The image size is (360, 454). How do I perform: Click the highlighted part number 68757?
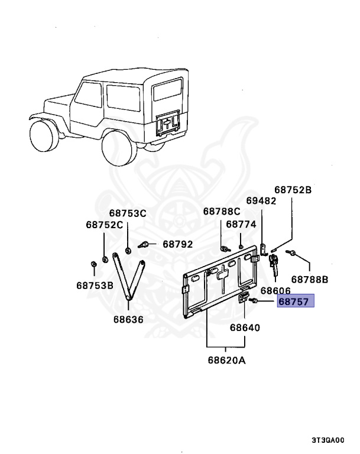point(294,301)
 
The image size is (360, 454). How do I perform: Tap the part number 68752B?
point(293,190)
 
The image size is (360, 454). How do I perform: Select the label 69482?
point(261,200)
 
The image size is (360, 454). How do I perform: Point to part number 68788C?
point(222,212)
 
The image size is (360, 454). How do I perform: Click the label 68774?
point(241,225)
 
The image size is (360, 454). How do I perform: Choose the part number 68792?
point(177,244)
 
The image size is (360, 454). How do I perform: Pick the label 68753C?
point(128,213)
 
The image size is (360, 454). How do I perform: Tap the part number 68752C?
point(105,225)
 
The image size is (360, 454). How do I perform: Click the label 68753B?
point(95,286)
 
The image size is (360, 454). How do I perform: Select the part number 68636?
point(128,319)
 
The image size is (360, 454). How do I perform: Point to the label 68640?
point(245,327)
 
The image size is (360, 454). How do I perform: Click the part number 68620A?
point(226,361)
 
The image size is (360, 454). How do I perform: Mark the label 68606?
point(275,291)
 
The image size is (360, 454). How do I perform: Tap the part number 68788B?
point(310,280)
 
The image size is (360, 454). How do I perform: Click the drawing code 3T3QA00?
point(328,440)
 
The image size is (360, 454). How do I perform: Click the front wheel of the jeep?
point(43,135)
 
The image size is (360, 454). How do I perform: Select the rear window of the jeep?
point(168,89)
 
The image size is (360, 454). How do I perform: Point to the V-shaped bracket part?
point(128,278)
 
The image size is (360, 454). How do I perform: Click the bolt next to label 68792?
point(143,245)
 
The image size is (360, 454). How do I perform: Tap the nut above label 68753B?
point(93,264)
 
